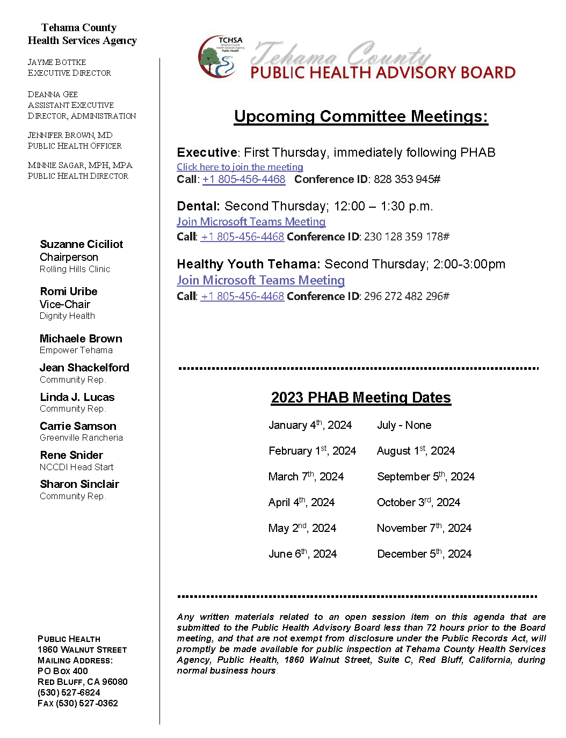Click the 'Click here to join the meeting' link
240,167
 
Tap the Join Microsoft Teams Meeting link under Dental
251,222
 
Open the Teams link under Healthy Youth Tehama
260,280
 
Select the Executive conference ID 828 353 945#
407,179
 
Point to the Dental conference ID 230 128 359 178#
407,237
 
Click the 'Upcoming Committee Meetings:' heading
361,116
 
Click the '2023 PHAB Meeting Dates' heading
361,398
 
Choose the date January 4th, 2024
310,425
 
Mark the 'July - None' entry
404,425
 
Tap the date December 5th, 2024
424,554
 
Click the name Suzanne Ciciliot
82,244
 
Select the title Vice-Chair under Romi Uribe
65,304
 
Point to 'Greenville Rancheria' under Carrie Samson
81,438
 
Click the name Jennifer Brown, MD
70,135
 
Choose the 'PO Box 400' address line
62,671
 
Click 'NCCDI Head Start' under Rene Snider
76,467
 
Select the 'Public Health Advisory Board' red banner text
383,73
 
